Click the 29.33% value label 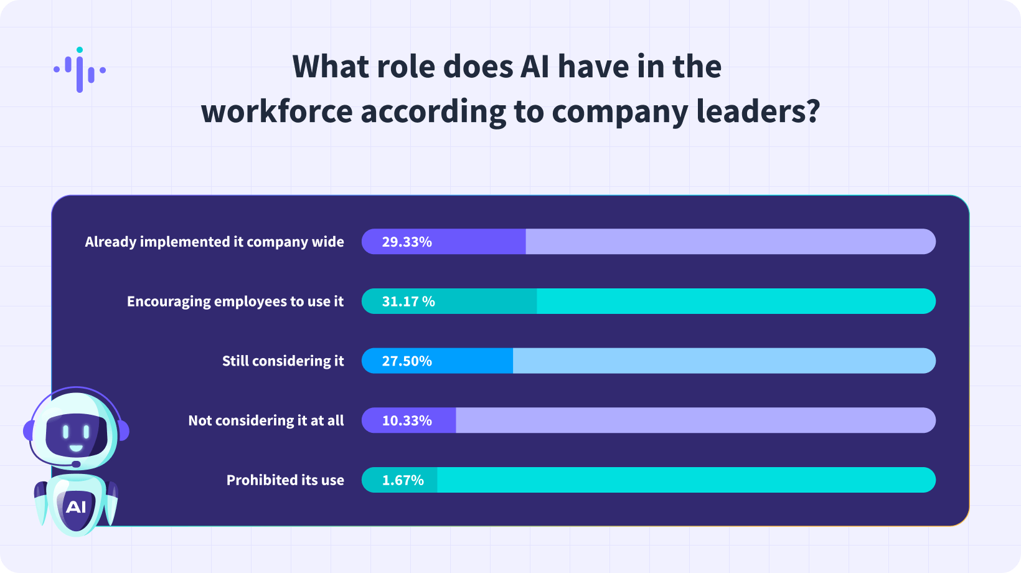(407, 242)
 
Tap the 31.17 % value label (408, 301)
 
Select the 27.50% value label (407, 361)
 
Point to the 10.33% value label (407, 421)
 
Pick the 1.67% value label (403, 480)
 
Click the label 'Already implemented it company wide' (214, 242)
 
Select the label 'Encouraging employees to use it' (235, 301)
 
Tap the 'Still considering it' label (283, 361)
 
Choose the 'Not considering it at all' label (266, 421)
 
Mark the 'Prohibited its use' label (285, 480)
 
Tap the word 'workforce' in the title (276, 112)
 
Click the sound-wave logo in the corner (80, 70)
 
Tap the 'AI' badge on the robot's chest (76, 507)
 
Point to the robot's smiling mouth (76, 448)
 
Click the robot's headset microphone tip (76, 464)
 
